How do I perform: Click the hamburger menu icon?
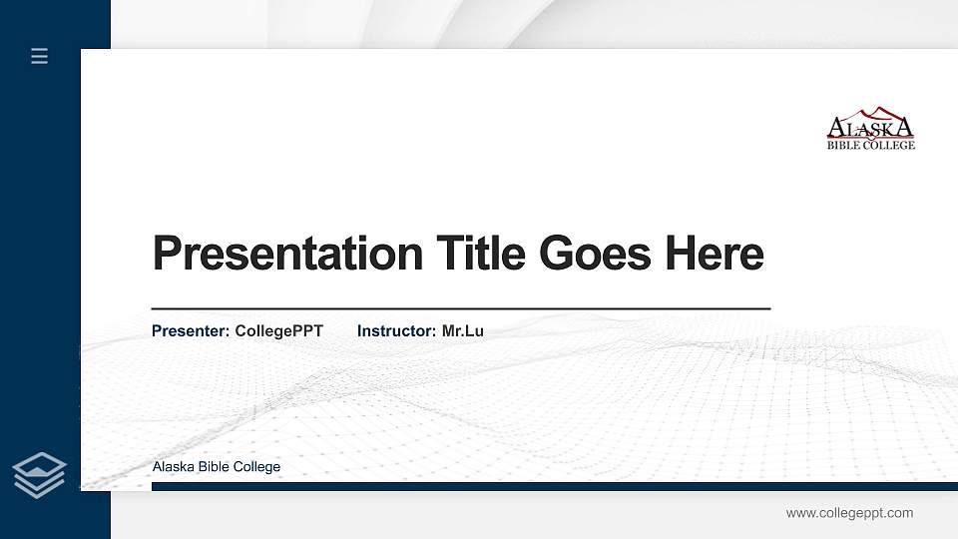click(x=40, y=56)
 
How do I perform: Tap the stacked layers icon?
click(x=40, y=474)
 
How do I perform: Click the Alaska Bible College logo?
click(x=870, y=129)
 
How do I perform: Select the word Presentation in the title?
click(x=288, y=254)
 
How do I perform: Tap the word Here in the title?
click(x=715, y=254)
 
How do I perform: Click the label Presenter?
click(x=191, y=330)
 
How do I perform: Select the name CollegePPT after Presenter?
click(x=278, y=330)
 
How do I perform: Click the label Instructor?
click(x=396, y=330)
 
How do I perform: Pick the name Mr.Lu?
click(x=462, y=330)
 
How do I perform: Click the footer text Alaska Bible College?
click(x=217, y=467)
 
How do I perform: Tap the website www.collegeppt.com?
click(x=849, y=513)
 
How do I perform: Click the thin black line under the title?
click(x=460, y=309)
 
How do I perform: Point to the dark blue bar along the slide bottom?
click(x=554, y=486)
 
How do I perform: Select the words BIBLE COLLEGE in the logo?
click(x=870, y=145)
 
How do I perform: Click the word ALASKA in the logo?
click(x=870, y=128)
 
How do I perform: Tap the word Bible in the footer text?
click(x=208, y=467)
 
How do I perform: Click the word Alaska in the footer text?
click(x=171, y=467)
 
